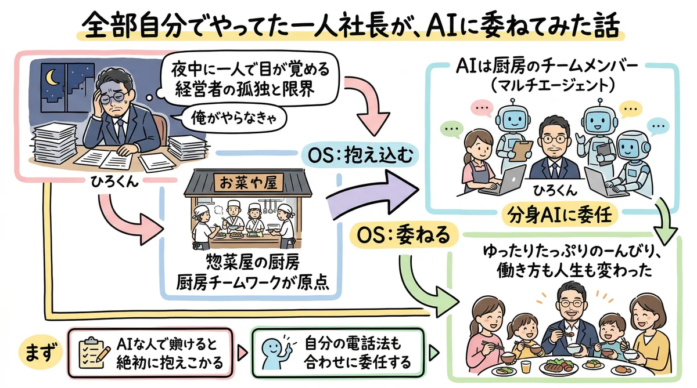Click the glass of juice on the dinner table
coord(526,368)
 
